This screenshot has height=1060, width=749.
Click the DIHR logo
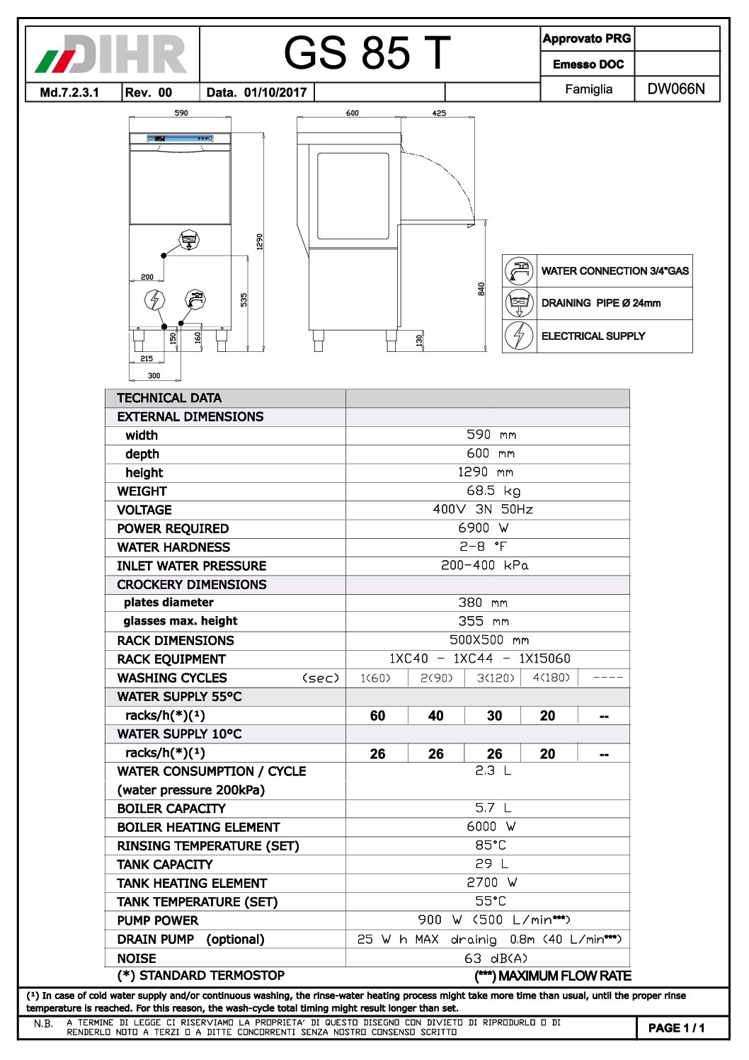tap(112, 54)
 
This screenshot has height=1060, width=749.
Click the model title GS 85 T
tap(367, 53)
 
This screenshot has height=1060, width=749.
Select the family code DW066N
tap(676, 89)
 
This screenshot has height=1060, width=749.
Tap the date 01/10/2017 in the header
tap(275, 92)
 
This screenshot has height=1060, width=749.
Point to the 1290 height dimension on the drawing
tap(260, 241)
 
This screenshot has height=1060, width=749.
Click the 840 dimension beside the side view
tap(481, 289)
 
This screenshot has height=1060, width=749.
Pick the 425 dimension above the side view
tap(439, 113)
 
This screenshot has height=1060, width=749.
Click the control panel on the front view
tap(180, 138)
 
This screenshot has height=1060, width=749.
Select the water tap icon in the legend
tap(519, 270)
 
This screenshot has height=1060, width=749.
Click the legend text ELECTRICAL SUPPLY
tap(593, 336)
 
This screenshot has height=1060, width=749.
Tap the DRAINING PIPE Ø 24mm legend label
tap(600, 303)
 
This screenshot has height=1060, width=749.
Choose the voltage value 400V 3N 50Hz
tap(484, 509)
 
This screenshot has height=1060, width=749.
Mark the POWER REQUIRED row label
tap(173, 528)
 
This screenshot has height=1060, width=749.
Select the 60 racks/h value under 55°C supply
tap(377, 716)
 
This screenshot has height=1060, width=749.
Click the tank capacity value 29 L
tap(491, 864)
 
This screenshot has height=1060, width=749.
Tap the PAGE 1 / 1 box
tap(676, 1028)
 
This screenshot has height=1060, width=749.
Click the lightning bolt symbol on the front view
tap(154, 300)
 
